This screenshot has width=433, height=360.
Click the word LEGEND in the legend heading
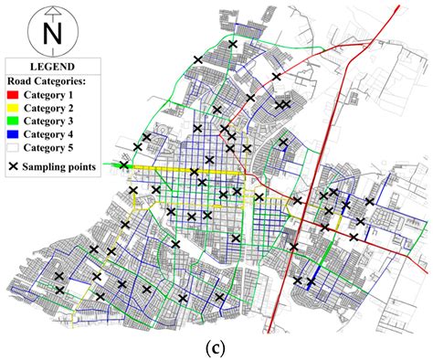click(x=53, y=66)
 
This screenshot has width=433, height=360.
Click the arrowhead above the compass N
click(x=52, y=12)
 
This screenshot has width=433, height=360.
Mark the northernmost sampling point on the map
click(x=233, y=44)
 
